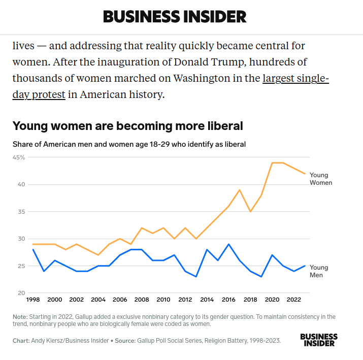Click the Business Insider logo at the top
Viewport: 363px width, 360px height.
[175, 16]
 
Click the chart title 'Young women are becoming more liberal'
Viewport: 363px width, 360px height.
[127, 126]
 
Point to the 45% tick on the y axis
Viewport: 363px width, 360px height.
[19, 157]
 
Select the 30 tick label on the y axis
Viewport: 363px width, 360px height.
[21, 239]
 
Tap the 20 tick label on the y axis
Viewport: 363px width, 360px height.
[21, 293]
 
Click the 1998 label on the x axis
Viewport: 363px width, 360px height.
[33, 300]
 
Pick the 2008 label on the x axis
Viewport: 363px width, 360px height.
[142, 300]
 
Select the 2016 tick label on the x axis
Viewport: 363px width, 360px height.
[229, 300]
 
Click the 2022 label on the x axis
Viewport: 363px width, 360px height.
[294, 300]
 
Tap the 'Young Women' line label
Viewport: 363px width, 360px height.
[320, 179]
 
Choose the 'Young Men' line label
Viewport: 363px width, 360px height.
[319, 271]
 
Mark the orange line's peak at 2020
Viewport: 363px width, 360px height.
[273, 163]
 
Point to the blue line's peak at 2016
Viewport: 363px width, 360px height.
[229, 244]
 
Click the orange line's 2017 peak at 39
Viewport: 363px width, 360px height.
[240, 190]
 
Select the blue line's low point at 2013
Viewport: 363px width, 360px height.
[196, 277]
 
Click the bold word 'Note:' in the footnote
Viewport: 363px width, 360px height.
[20, 317]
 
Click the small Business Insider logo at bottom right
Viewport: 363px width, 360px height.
[319, 340]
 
